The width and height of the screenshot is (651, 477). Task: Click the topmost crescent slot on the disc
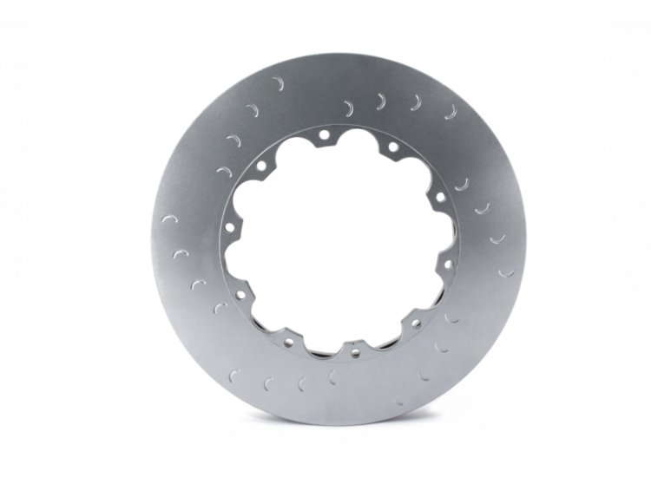point(278,83)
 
